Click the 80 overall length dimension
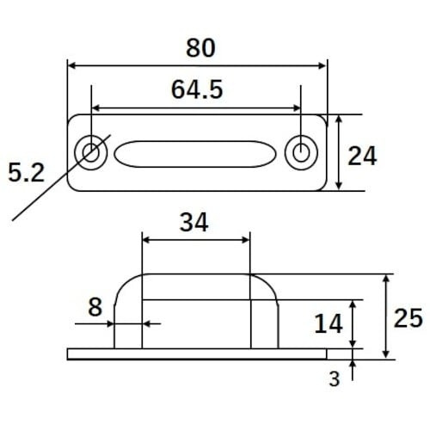(x=200, y=48)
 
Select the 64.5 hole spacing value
(x=197, y=89)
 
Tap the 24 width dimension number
(x=362, y=156)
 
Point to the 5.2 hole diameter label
(x=27, y=172)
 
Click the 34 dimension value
(x=193, y=222)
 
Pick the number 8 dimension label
(x=95, y=307)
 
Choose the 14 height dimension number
(x=329, y=323)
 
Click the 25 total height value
(x=408, y=318)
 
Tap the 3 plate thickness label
(x=335, y=378)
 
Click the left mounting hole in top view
(x=91, y=152)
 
